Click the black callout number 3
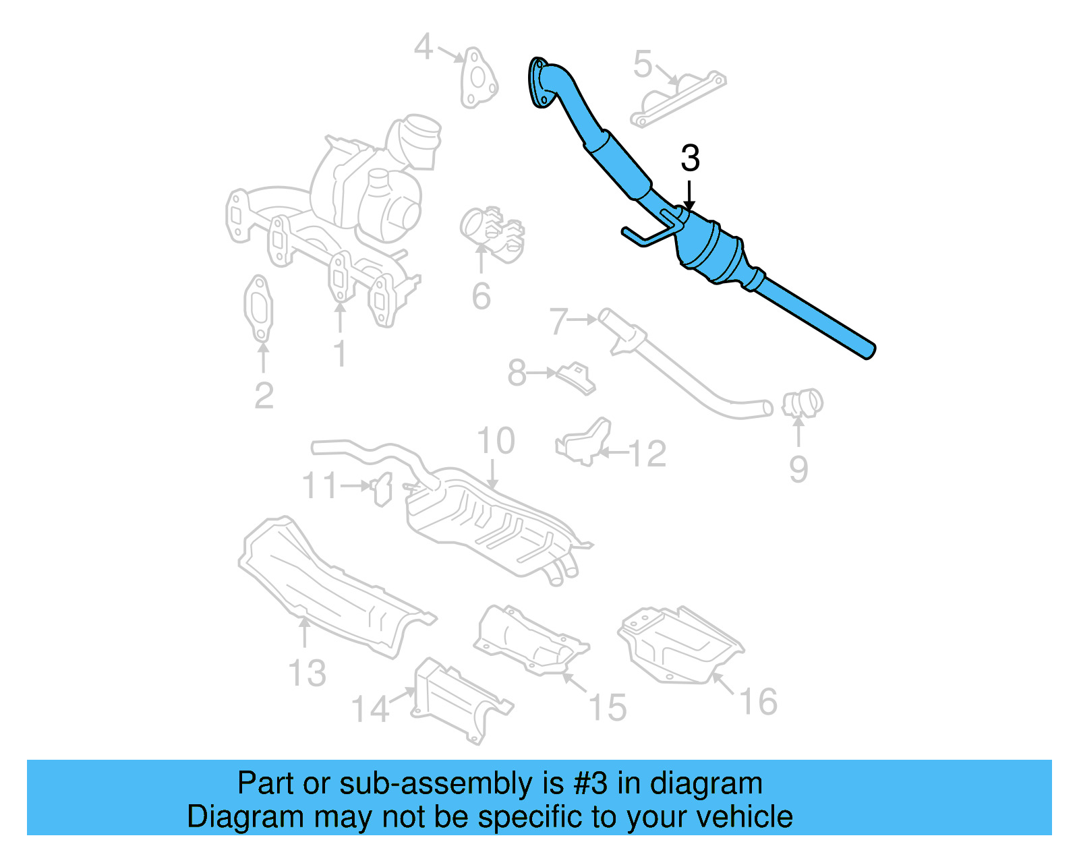click(690, 158)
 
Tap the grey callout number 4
click(423, 47)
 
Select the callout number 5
click(643, 64)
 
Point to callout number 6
click(481, 297)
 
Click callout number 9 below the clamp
click(798, 469)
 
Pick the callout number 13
click(307, 673)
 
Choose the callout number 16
click(759, 702)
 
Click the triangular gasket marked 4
click(478, 80)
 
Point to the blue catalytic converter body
click(713, 253)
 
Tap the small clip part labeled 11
click(382, 487)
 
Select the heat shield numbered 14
click(459, 701)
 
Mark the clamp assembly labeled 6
click(492, 233)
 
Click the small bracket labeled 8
click(575, 378)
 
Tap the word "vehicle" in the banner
click(745, 816)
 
